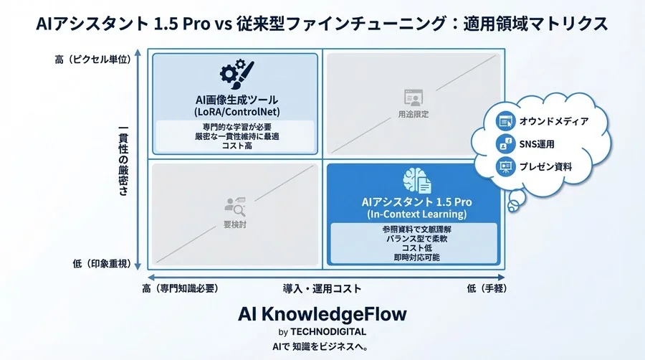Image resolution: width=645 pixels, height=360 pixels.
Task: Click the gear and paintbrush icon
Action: [x=236, y=75]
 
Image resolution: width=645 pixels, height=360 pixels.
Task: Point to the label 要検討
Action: [x=235, y=223]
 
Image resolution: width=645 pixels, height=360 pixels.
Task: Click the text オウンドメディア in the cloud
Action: [x=553, y=121]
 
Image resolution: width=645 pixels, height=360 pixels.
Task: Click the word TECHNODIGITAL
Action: [x=330, y=332]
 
